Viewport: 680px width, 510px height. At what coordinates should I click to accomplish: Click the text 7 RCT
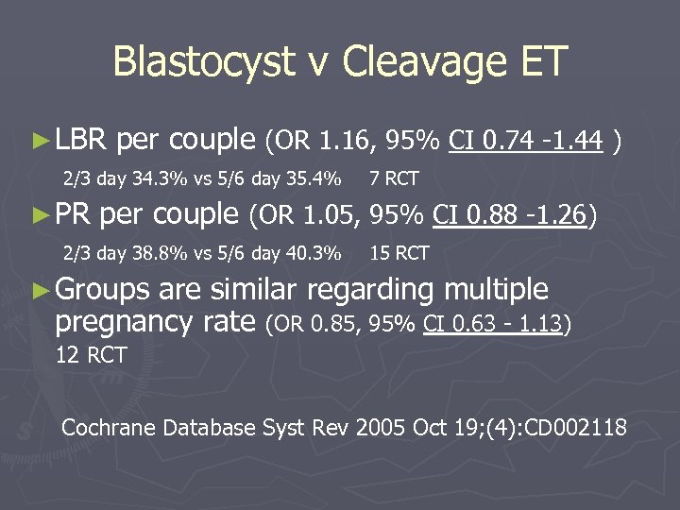pyautogui.click(x=394, y=178)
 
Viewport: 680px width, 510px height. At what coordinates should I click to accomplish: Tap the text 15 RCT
pyautogui.click(x=399, y=253)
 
